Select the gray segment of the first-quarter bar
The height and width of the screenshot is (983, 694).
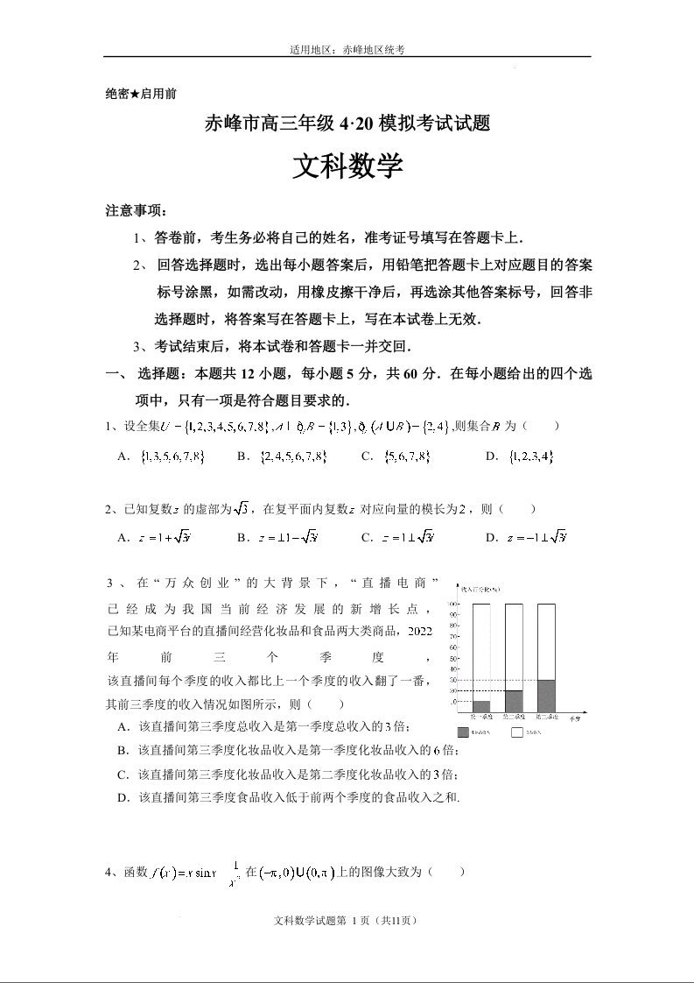[x=481, y=706]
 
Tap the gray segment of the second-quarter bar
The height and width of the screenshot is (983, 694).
[x=514, y=701]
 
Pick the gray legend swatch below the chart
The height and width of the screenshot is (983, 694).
[x=463, y=729]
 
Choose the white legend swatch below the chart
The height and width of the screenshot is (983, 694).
[x=517, y=729]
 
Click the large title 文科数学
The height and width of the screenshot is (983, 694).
[x=347, y=166]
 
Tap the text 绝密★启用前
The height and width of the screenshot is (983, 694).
[x=141, y=93]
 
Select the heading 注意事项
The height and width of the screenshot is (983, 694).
[x=136, y=211]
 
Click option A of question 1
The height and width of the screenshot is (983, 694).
[x=163, y=456]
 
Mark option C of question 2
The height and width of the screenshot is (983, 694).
[x=398, y=537]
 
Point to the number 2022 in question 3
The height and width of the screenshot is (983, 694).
[x=419, y=631]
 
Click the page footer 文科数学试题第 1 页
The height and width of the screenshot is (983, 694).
[x=347, y=921]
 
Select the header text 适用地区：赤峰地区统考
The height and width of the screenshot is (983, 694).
[x=347, y=50]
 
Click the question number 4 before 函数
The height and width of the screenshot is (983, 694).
[x=108, y=872]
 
